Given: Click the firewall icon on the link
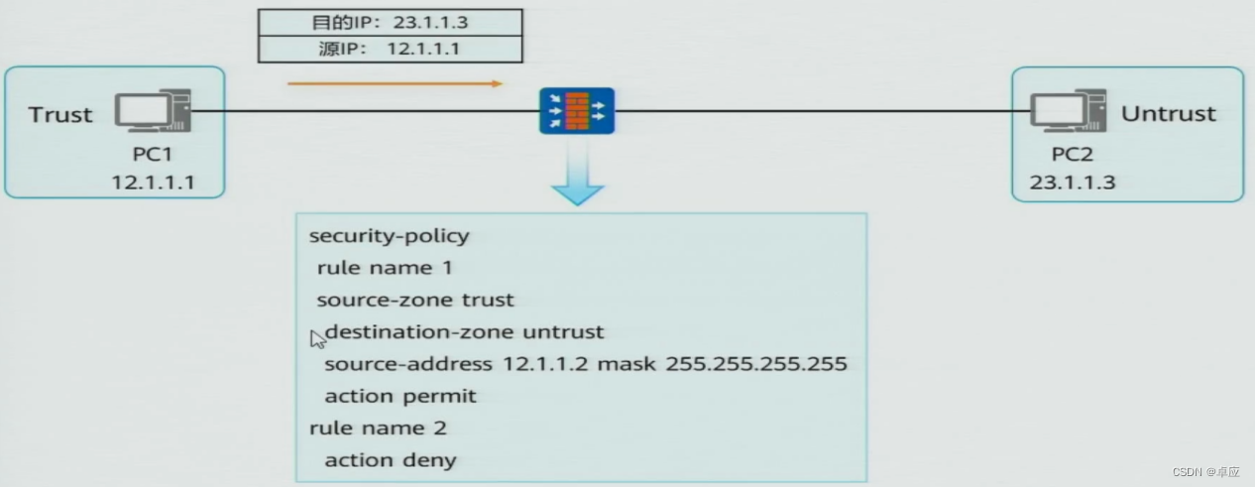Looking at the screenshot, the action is [577, 111].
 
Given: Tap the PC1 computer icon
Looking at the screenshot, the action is [152, 111].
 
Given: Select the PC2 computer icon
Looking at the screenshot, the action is [1068, 111].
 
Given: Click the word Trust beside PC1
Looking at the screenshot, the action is [60, 115].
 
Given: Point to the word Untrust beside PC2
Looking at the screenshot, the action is [1168, 114].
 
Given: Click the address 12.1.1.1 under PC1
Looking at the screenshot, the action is [154, 182].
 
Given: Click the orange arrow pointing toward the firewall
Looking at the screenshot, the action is [396, 84].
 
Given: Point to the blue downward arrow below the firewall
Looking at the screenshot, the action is [577, 179].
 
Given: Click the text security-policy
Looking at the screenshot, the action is [390, 236].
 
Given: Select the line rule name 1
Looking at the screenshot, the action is [375, 268].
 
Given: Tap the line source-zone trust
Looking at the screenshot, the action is [415, 300].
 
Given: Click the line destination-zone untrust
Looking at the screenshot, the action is [464, 331].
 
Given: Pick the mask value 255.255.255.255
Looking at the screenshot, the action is [756, 364].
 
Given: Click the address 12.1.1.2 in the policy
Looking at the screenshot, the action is [545, 364].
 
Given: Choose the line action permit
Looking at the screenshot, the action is [400, 396].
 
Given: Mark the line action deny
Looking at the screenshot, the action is [391, 459].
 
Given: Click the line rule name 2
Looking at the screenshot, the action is [378, 427].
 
